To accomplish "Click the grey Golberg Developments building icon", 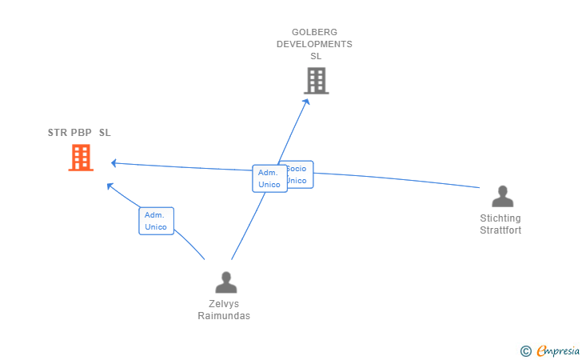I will point(317,81).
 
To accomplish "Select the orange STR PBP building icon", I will point(81,158).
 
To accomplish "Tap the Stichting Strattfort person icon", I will point(502,197).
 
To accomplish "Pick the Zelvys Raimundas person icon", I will point(226,282).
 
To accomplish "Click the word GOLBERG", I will point(314,33).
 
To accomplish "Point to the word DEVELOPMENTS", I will point(314,45).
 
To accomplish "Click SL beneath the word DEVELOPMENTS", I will point(316,57).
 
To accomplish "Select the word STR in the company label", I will point(58,133).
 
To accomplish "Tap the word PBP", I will point(82,133).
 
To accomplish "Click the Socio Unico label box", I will point(297,174).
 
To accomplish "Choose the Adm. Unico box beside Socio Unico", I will point(269,178).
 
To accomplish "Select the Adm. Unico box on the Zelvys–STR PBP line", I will point(156,221).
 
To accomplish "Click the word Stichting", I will point(500,218).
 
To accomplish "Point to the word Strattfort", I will point(500,230).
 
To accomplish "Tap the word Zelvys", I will point(224,304).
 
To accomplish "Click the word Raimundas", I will point(224,316).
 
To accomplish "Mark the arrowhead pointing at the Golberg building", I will point(308,102).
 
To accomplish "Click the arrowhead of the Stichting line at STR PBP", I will point(114,163).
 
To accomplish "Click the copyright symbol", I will point(525,350).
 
